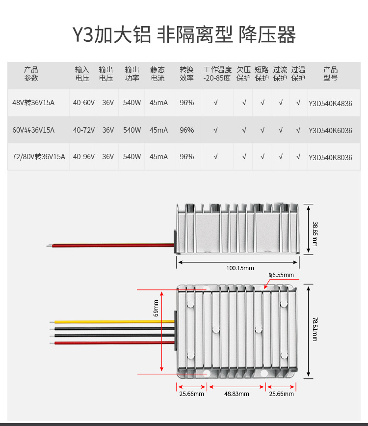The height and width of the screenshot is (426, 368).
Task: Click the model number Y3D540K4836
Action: (330, 103)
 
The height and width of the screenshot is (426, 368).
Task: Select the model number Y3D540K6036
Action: (330, 130)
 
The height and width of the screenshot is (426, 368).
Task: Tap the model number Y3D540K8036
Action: (330, 157)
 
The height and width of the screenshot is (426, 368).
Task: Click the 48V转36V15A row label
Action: (33, 103)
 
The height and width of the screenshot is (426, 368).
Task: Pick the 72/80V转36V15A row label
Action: (38, 157)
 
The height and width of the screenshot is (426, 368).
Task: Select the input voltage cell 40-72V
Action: (84, 130)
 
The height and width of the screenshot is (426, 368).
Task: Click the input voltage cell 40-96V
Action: (84, 157)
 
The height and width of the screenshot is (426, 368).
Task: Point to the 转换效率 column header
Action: (186, 74)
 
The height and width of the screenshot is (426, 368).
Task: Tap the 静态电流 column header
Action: (158, 74)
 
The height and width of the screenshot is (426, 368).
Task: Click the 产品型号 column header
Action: (330, 74)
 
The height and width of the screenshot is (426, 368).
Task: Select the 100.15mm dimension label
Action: (240, 268)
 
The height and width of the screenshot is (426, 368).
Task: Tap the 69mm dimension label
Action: (157, 308)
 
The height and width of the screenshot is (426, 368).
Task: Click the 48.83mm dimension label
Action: (237, 394)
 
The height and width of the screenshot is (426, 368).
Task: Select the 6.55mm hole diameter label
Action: (281, 275)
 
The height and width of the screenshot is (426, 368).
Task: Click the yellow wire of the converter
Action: (113, 322)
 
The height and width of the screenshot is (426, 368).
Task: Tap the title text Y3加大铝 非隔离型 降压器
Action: (184, 35)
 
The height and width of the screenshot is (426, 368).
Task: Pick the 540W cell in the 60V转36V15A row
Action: (131, 130)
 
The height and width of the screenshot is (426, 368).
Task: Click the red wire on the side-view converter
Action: (113, 244)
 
